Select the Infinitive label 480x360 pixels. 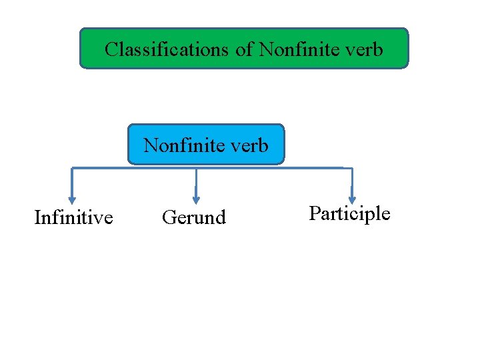point(73,217)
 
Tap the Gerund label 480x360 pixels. point(194,217)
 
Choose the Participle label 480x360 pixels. point(349,213)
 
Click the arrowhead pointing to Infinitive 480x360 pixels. point(72,198)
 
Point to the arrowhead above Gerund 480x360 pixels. point(196,198)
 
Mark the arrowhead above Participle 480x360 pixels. point(352,198)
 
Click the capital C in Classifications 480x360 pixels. point(111,49)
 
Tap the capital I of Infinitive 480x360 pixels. point(37,217)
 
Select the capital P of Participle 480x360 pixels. point(314,213)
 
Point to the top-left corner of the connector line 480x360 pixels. point(72,168)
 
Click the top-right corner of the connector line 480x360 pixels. point(351,168)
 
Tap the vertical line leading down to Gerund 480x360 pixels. point(196,181)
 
